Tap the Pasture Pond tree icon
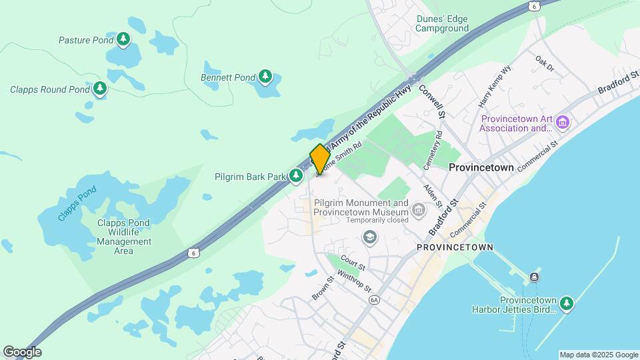coord(123,40)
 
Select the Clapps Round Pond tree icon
coord(100,88)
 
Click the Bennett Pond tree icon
coord(265,77)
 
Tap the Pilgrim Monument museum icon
coord(418,211)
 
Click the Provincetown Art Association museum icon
coord(563,123)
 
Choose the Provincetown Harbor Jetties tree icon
coord(566,304)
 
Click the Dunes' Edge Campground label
coord(441,23)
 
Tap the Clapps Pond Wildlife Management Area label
coord(124,237)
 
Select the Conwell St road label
coord(432,102)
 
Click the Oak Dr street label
coord(545,63)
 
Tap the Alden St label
coord(434,194)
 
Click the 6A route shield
coord(375,301)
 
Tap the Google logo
coord(22,352)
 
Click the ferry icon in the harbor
coord(534,277)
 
